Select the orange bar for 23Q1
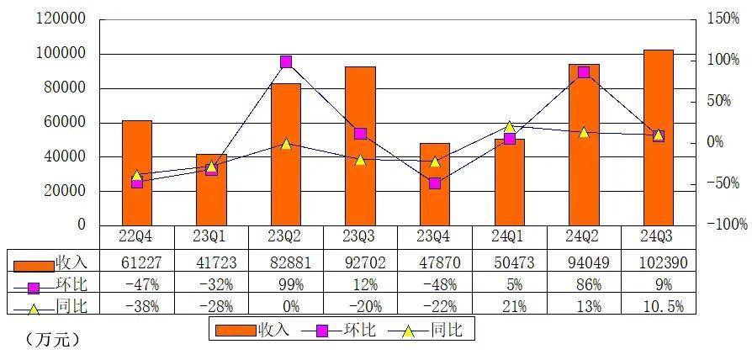[x=211, y=189]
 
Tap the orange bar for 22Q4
[x=137, y=172]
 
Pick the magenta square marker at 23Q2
[x=286, y=61]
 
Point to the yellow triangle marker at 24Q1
[x=510, y=127]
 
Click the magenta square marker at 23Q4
[x=435, y=183]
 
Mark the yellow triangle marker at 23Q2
[x=286, y=144]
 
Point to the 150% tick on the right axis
[x=724, y=19]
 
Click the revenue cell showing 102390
[x=659, y=262]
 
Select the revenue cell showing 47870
[x=435, y=262]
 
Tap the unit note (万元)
[x=52, y=341]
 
